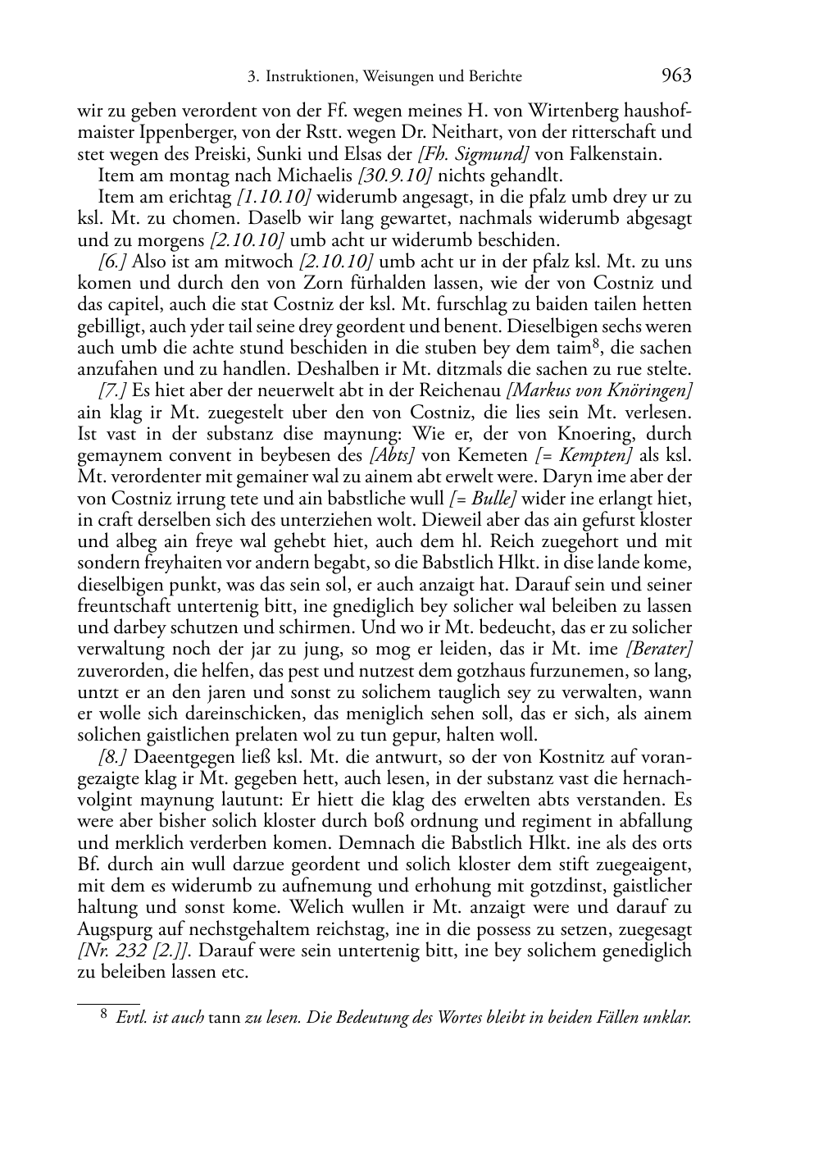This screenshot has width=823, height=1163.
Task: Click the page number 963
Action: tap(675, 76)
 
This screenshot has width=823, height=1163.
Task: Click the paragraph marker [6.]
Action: tap(112, 262)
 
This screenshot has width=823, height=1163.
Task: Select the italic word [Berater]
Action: tap(659, 650)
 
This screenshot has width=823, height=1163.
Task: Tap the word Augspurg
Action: tap(114, 930)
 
